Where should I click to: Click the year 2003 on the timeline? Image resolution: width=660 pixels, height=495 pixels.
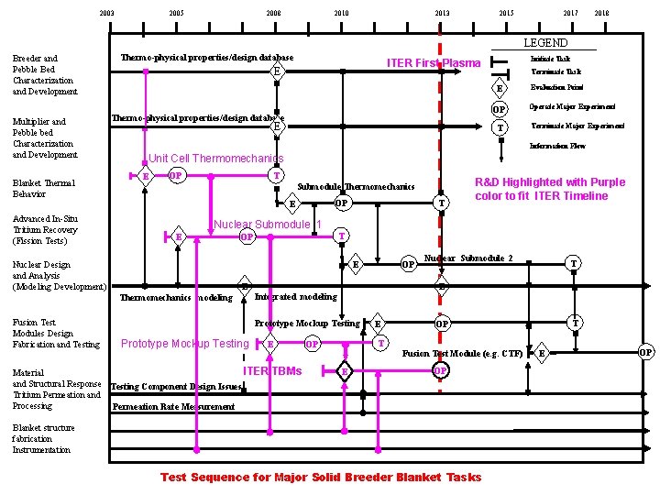(107, 13)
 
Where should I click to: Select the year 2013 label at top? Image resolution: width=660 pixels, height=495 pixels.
(442, 13)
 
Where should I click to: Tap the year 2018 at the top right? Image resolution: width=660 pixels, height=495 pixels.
(601, 13)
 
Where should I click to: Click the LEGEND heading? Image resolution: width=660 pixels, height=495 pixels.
(544, 43)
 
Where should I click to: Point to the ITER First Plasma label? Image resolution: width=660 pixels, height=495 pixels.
(433, 63)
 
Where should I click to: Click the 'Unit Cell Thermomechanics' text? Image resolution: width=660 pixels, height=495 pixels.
(209, 159)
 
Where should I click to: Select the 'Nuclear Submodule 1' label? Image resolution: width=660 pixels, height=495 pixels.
(268, 225)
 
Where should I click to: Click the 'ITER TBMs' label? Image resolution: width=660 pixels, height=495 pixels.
(272, 370)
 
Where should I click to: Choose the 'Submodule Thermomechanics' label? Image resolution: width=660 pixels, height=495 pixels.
(357, 187)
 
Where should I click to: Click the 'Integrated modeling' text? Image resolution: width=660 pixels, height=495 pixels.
(294, 297)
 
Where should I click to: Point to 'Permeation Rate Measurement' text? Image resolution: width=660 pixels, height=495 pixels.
(173, 406)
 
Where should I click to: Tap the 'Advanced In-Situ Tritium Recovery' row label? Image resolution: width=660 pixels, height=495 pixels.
(45, 230)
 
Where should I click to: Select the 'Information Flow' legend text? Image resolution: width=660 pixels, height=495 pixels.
(558, 146)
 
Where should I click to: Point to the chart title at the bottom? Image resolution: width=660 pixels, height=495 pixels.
(321, 477)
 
